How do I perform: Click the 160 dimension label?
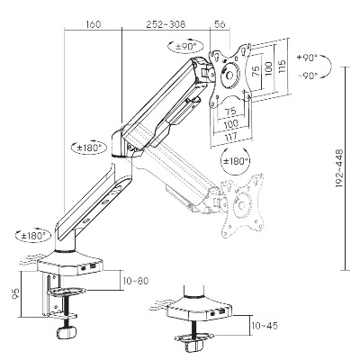point(94,24)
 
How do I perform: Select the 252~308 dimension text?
point(166,24)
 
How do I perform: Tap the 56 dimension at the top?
point(220,24)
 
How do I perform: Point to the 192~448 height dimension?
point(339,168)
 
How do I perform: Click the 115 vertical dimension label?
point(282,67)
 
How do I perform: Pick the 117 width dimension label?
point(231,136)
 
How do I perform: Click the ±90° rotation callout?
point(185,47)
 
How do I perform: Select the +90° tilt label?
point(307,58)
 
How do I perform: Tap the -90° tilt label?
point(308,76)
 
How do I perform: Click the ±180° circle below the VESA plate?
point(236,161)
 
